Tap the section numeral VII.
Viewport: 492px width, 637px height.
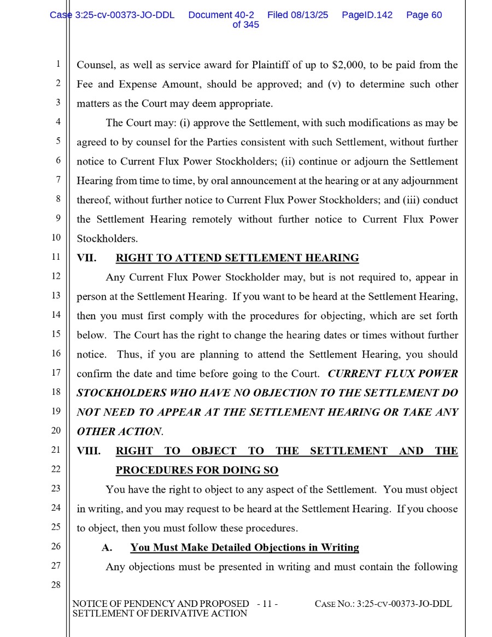[86, 258]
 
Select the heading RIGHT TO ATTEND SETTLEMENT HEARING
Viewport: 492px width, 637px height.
[237, 258]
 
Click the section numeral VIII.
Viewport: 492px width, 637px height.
[89, 451]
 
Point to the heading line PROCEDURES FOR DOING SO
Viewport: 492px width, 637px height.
[197, 470]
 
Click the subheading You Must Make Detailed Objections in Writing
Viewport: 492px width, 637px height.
[244, 547]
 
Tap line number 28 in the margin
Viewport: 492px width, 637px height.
[55, 585]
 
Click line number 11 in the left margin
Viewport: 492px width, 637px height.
[55, 256]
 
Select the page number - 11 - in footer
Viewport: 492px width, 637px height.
[267, 604]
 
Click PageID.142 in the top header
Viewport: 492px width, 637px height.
[367, 15]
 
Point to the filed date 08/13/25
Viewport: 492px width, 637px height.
[309, 15]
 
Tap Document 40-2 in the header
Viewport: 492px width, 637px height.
[221, 15]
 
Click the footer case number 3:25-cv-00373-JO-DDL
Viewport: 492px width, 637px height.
[404, 604]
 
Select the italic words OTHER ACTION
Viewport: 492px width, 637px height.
[119, 432]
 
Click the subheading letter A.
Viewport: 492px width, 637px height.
[107, 547]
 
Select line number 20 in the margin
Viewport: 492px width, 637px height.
[55, 430]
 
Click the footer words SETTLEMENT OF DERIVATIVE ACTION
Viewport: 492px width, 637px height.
[160, 613]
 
